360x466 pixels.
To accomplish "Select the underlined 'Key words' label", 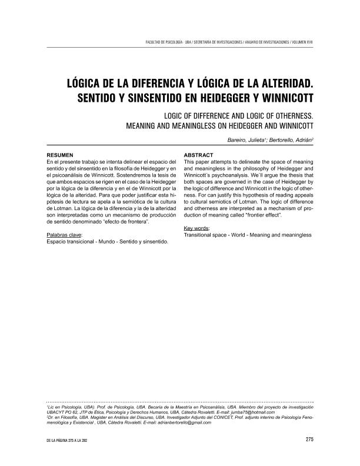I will point(198,228).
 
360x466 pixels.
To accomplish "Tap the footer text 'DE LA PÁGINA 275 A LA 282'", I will point(72,439).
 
